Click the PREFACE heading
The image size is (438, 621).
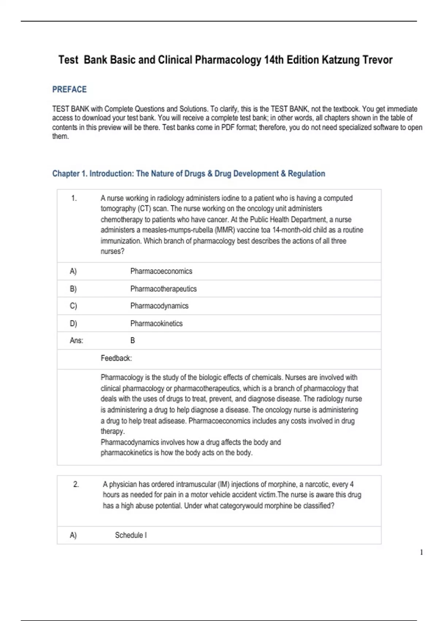point(69,89)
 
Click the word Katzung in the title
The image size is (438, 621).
point(340,60)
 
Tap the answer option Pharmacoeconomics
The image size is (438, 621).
point(161,271)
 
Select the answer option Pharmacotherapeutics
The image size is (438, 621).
point(163,289)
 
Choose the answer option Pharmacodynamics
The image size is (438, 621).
point(159,306)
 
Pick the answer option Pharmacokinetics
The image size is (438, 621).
point(156,324)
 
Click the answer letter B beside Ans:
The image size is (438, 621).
point(132,340)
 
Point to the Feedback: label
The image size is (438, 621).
point(116,358)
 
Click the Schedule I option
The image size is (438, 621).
point(131,535)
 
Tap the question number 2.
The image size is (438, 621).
point(76,484)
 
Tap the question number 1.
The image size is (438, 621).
point(74,198)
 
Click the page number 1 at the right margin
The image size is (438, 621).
point(422,552)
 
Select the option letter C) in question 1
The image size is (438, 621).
point(73,306)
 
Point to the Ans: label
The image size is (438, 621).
point(76,341)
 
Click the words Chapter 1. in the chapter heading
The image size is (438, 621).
point(70,174)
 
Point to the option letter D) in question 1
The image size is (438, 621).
point(73,324)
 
